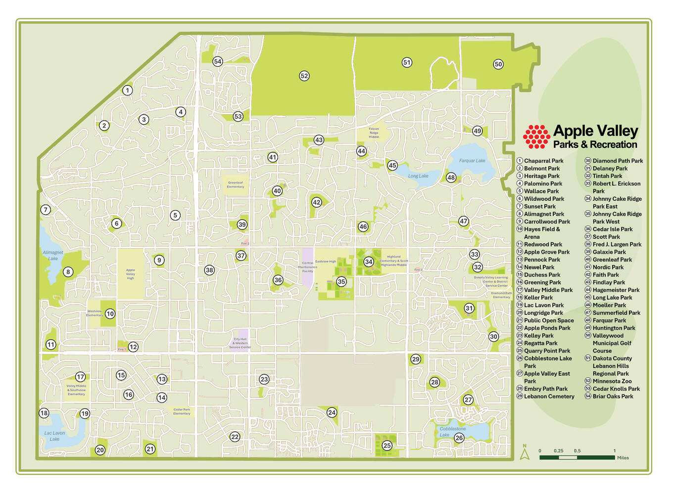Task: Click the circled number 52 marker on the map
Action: (304, 76)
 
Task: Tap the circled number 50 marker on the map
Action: (498, 64)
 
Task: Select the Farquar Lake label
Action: (472, 161)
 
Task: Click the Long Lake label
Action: (418, 176)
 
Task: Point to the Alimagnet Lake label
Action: (53, 256)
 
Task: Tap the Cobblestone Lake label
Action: (452, 432)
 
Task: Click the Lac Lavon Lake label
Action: (54, 436)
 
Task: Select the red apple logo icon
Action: (536, 136)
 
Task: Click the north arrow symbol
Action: (525, 452)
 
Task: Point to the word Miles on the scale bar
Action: (623, 458)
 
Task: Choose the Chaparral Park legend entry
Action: (543, 161)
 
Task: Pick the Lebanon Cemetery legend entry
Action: (549, 397)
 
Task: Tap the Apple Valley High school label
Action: (130, 274)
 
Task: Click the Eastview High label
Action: (326, 262)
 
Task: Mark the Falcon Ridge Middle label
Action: (374, 133)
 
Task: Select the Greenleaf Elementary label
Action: (236, 184)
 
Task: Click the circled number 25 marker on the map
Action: (387, 446)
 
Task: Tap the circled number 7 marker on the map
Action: (46, 210)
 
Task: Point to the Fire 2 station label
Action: (245, 244)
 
